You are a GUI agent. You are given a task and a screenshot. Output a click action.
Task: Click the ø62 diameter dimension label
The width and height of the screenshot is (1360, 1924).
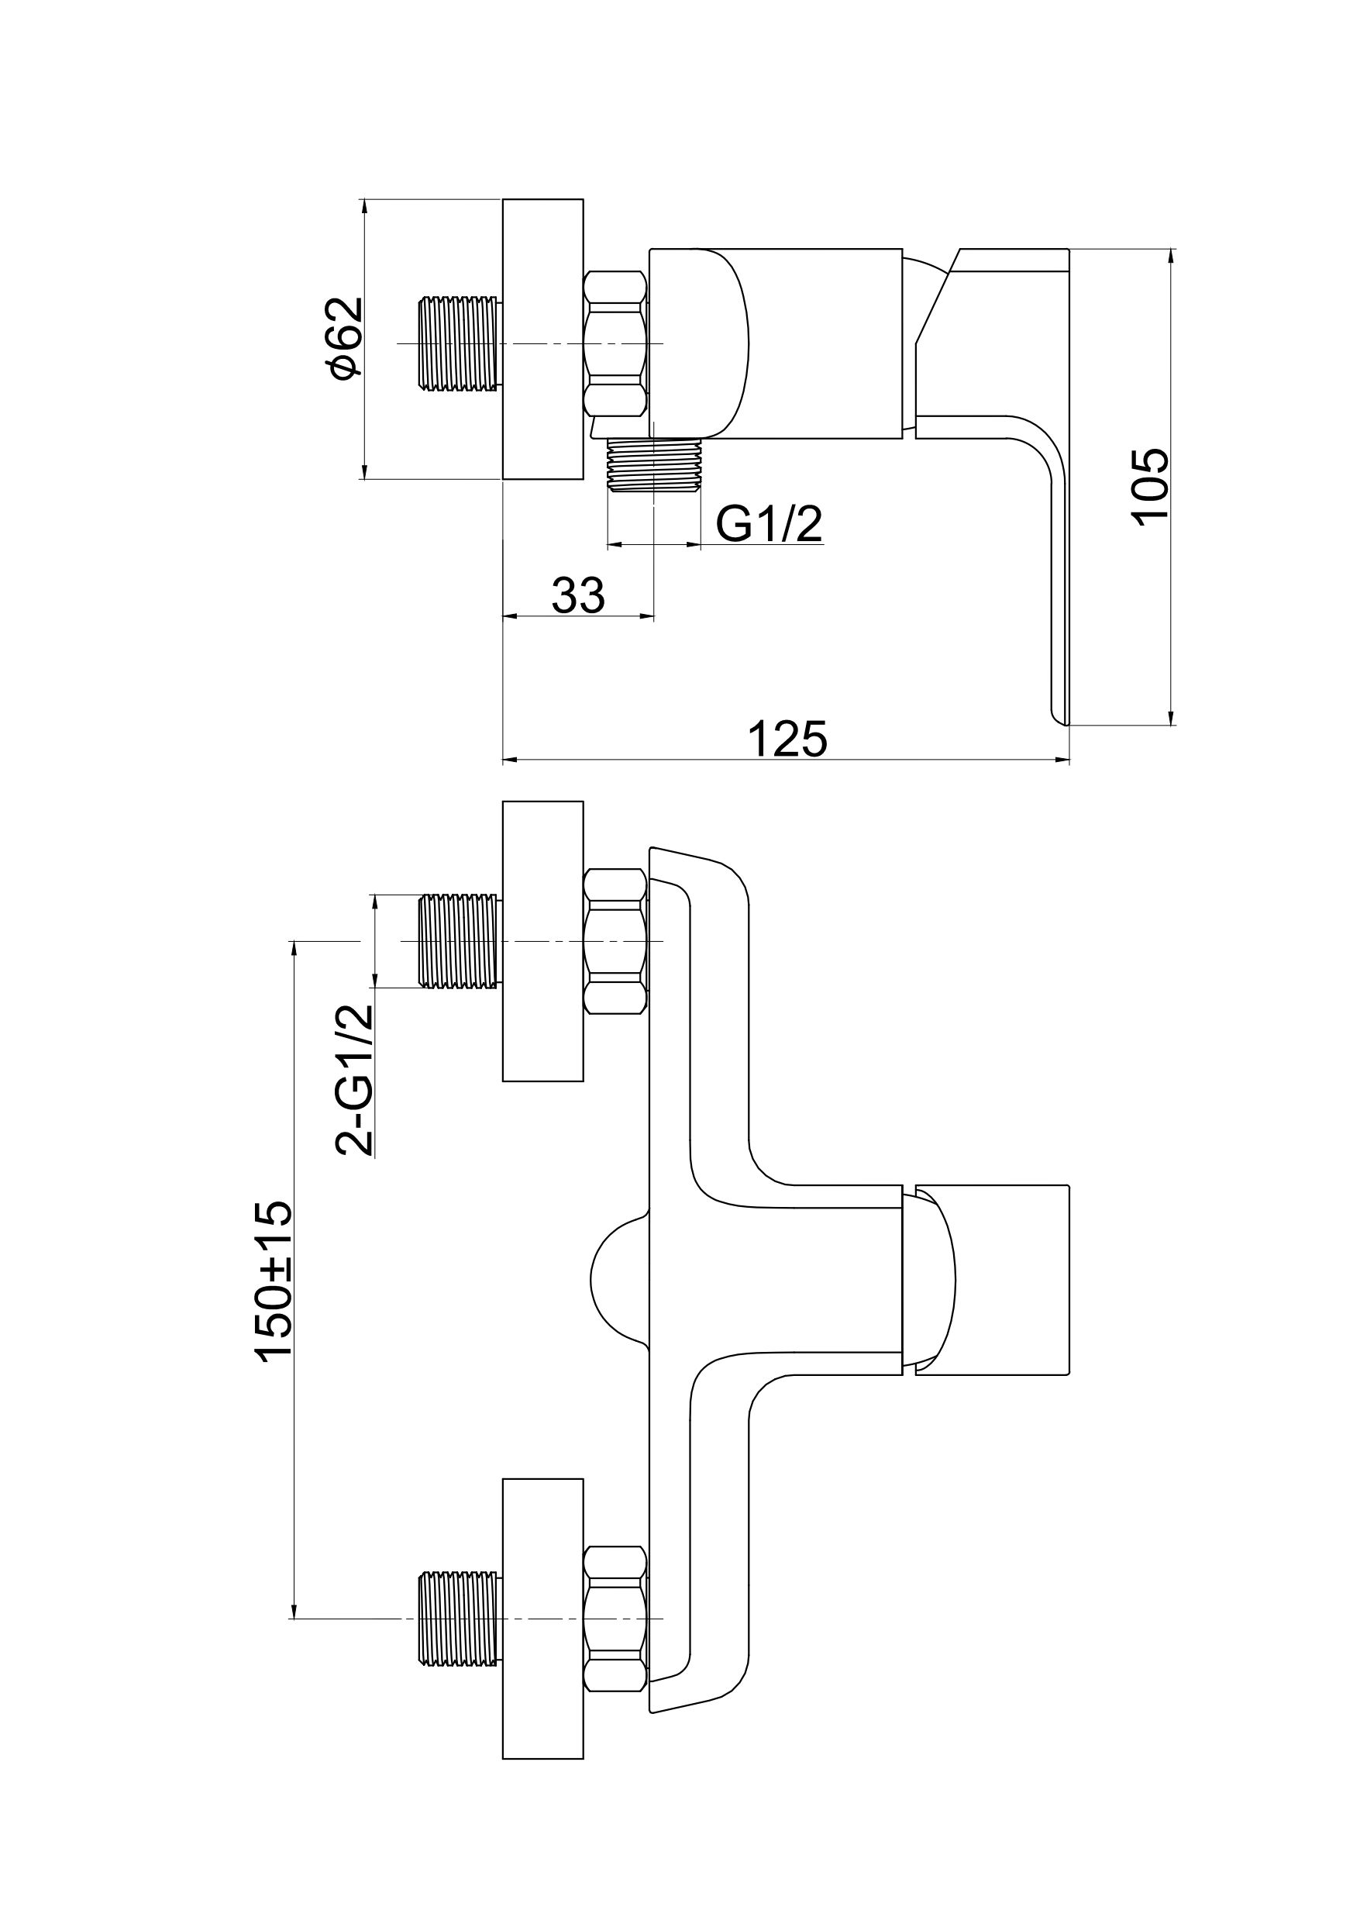pyautogui.click(x=346, y=339)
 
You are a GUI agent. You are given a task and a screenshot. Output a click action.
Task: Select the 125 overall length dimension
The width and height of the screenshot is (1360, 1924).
pyautogui.click(x=787, y=737)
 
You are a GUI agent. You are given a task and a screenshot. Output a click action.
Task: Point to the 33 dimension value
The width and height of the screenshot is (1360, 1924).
pyautogui.click(x=577, y=596)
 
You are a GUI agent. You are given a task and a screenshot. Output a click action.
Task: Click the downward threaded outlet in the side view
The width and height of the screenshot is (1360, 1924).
pyautogui.click(x=653, y=466)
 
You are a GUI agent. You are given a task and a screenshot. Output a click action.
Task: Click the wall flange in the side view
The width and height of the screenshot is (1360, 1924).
pyautogui.click(x=542, y=340)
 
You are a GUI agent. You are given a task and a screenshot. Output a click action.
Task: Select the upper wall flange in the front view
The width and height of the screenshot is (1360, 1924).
pyautogui.click(x=542, y=941)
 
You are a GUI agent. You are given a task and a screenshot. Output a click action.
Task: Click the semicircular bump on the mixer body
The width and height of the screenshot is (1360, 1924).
pyautogui.click(x=618, y=1279)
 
